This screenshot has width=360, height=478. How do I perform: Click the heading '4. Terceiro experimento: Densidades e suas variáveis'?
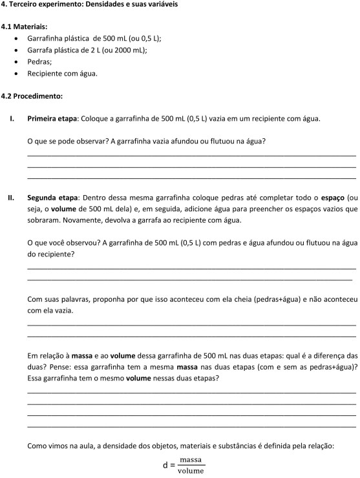click(90, 5)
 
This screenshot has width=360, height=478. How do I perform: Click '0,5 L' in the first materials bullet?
click(148, 39)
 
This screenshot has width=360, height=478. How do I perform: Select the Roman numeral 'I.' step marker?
click(12, 119)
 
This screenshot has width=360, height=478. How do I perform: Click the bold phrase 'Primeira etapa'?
click(52, 119)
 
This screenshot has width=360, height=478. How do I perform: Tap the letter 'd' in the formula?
click(165, 464)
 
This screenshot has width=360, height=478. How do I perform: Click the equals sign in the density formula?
click(173, 464)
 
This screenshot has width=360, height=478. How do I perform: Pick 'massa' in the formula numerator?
click(191, 459)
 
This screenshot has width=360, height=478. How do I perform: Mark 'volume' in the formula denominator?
click(191, 471)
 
